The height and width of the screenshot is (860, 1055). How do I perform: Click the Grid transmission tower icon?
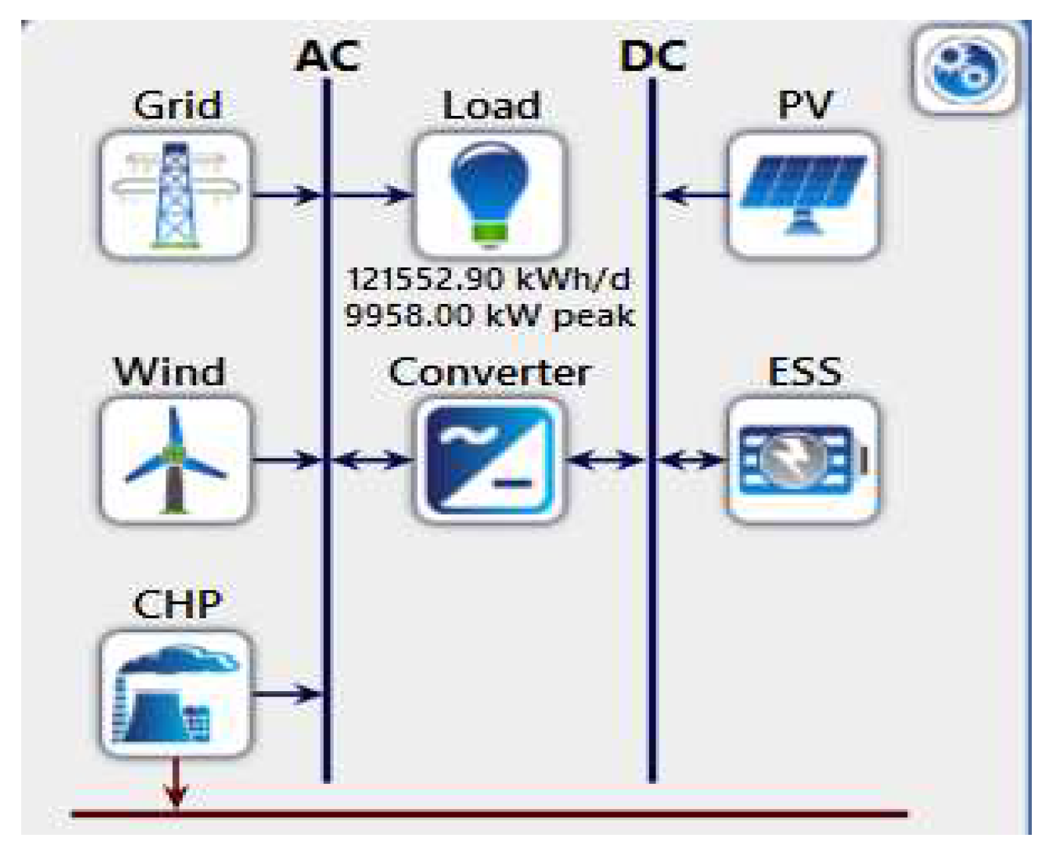click(176, 195)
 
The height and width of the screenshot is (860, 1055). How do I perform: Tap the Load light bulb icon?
click(489, 195)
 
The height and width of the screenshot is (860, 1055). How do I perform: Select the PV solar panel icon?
click(803, 195)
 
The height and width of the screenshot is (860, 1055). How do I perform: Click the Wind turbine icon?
click(176, 460)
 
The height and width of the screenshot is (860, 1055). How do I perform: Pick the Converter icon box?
click(489, 460)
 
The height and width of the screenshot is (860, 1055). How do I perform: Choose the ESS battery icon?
click(803, 460)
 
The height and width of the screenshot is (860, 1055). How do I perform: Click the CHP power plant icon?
click(176, 694)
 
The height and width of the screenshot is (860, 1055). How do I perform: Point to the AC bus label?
click(327, 56)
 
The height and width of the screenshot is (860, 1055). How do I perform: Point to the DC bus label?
click(652, 56)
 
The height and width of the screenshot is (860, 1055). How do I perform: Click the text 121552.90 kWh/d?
click(489, 279)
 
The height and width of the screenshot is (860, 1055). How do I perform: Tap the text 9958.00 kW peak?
click(489, 315)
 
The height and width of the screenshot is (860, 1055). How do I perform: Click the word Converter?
click(489, 372)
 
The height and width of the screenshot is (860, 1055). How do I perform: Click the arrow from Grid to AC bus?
click(288, 195)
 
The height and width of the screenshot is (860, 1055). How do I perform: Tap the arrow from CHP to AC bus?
click(288, 694)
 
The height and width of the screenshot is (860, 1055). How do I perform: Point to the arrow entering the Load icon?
click(371, 195)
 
